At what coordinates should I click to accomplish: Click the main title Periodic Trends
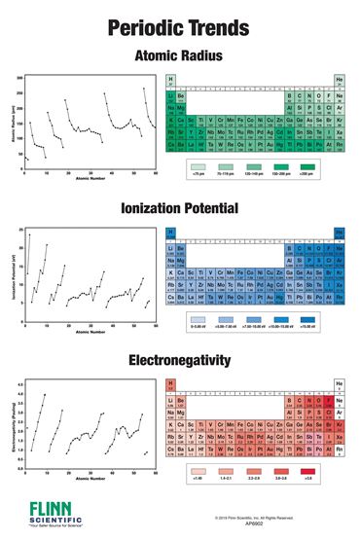tap(179, 25)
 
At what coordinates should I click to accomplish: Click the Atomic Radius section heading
tap(179, 55)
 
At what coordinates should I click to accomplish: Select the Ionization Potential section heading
tap(179, 208)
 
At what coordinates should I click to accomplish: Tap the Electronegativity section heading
tap(179, 361)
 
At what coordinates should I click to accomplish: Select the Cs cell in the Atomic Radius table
tap(171, 147)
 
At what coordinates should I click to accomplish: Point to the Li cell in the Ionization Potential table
tap(171, 250)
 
